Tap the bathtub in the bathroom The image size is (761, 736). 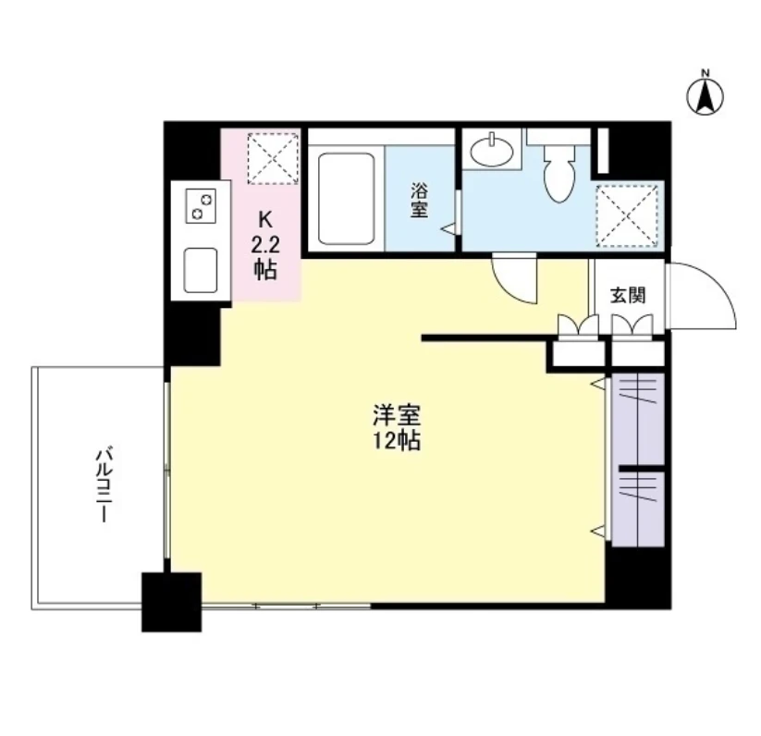346,199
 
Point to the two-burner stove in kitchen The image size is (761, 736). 201,205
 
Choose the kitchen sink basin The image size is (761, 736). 201,271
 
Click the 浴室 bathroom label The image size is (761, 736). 419,200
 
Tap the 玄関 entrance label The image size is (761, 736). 628,295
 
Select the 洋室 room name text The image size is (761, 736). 397,415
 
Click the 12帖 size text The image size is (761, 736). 397,441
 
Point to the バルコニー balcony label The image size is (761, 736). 104,486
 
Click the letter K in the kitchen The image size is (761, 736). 265,220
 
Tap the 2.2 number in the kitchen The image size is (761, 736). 265,245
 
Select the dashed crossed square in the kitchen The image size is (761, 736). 273,159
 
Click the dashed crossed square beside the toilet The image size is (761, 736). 627,216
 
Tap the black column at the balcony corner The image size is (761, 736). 171,602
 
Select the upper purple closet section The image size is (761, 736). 638,419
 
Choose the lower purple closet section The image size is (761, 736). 638,509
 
